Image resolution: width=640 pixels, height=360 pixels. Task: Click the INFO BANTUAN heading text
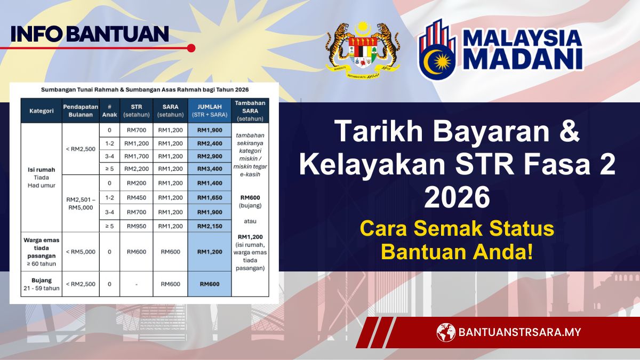tap(90, 34)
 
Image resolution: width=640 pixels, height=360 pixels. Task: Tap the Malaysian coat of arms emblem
tap(363, 48)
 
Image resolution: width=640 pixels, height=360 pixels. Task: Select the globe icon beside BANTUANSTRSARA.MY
tap(446, 332)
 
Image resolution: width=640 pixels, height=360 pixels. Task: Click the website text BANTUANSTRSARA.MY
tap(519, 332)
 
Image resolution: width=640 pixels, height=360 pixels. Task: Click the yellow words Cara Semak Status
tap(457, 229)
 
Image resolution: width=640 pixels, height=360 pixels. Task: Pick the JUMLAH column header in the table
tap(210, 110)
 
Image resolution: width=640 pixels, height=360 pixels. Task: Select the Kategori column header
tap(41, 110)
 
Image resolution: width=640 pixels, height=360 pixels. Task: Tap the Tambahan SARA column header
tap(250, 110)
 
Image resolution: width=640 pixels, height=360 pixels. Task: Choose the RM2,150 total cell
tap(210, 226)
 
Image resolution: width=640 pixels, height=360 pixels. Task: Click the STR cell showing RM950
tap(137, 226)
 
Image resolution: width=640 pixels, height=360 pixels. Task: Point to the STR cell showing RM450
tap(137, 198)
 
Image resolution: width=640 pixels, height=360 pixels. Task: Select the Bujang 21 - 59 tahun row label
tap(41, 284)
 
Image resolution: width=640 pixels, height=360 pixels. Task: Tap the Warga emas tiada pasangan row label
tap(41, 252)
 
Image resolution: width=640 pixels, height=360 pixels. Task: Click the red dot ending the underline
tap(191, 48)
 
